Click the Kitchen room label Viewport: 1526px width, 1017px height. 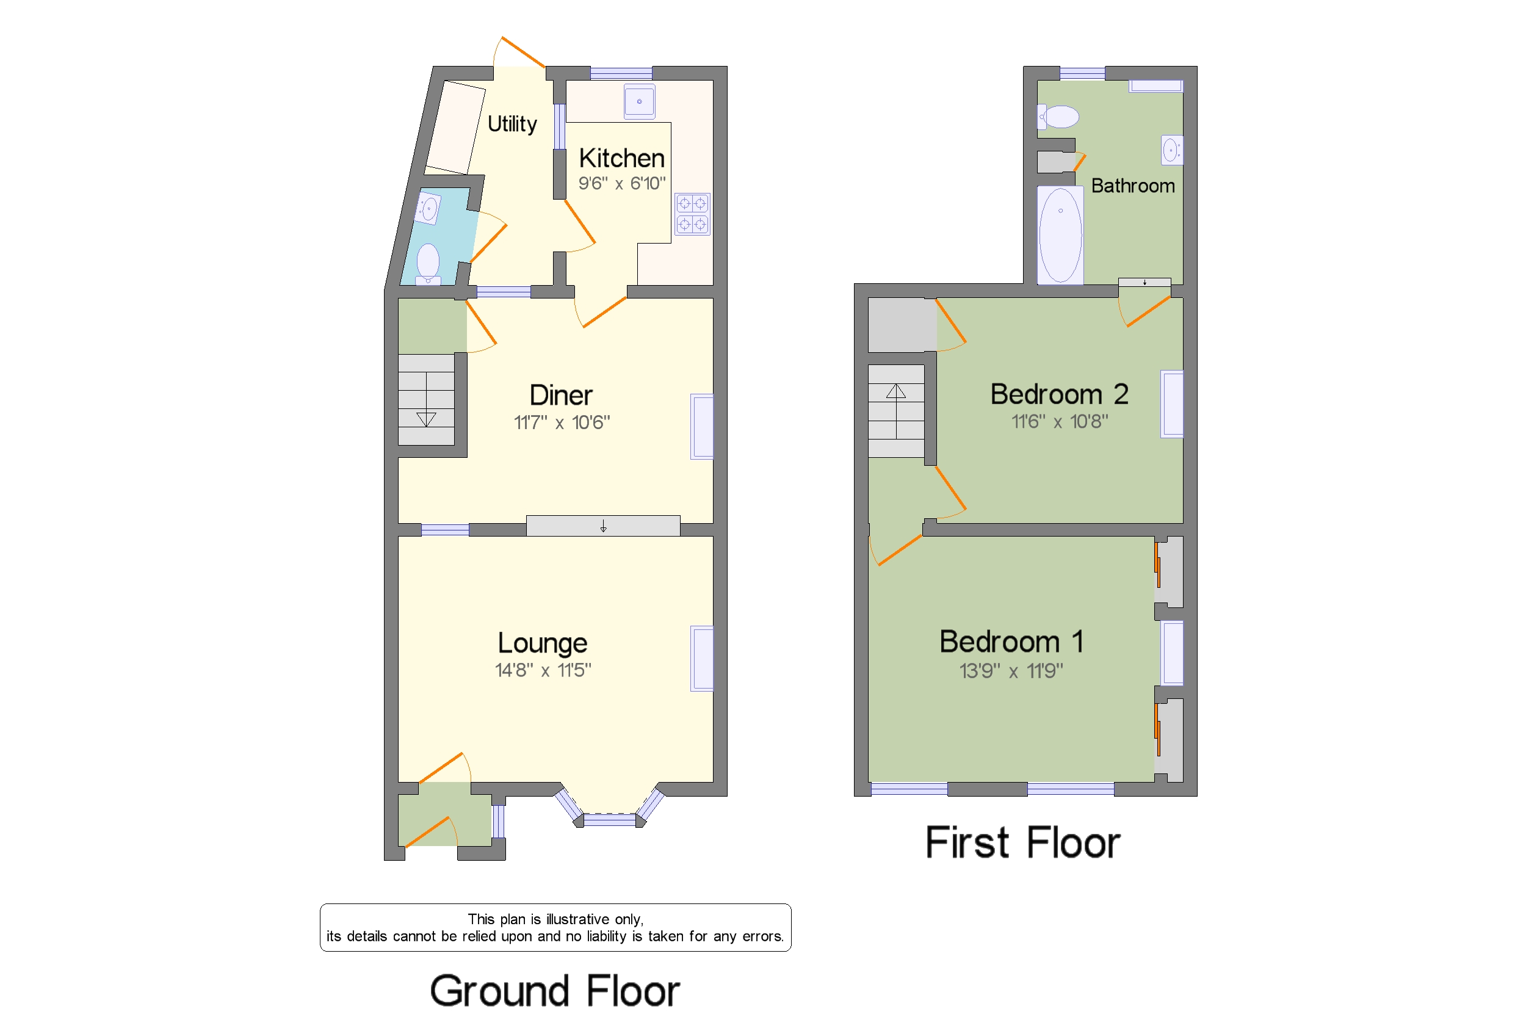(621, 158)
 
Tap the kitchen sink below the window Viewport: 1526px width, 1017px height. (639, 102)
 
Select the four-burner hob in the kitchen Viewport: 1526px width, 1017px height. (692, 214)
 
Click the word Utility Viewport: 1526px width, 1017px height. (512, 124)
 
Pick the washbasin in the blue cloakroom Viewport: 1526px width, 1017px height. (428, 208)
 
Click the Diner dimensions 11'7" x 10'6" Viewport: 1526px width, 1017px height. (562, 423)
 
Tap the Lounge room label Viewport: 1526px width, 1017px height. (542, 643)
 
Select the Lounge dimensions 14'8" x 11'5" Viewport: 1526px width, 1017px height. (543, 670)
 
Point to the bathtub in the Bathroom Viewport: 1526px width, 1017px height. (1060, 235)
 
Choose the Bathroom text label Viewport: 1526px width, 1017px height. (1132, 186)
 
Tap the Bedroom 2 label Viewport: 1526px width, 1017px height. (1059, 394)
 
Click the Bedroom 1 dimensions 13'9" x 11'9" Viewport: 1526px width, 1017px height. (1010, 671)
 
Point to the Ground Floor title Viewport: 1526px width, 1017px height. (554, 990)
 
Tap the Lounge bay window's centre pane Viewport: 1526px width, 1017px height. (609, 820)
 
